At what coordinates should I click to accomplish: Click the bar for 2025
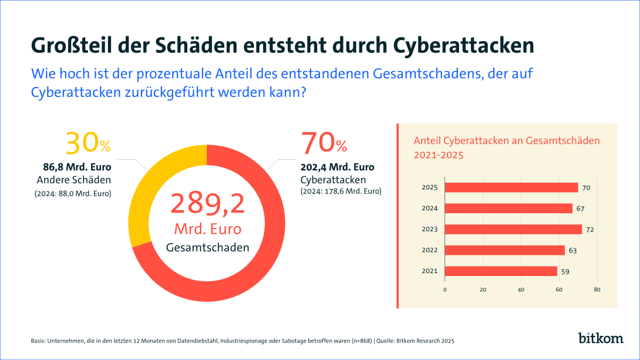click(511, 187)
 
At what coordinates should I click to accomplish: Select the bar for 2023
click(513, 229)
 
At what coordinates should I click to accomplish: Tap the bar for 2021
click(501, 271)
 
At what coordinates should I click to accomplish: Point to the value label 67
click(580, 208)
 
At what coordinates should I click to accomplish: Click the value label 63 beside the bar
click(572, 251)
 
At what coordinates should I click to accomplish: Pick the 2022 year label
click(430, 250)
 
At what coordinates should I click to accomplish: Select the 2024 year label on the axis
click(430, 208)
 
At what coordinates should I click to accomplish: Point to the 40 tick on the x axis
click(521, 290)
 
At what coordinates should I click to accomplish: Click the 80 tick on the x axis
click(597, 290)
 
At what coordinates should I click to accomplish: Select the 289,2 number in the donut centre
click(207, 203)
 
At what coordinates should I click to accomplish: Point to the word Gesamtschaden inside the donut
click(207, 247)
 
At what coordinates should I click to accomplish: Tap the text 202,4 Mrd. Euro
click(337, 167)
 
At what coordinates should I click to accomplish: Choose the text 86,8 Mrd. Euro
click(75, 167)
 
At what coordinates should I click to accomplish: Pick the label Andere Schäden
click(74, 180)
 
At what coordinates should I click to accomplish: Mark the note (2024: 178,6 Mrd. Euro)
click(341, 191)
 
